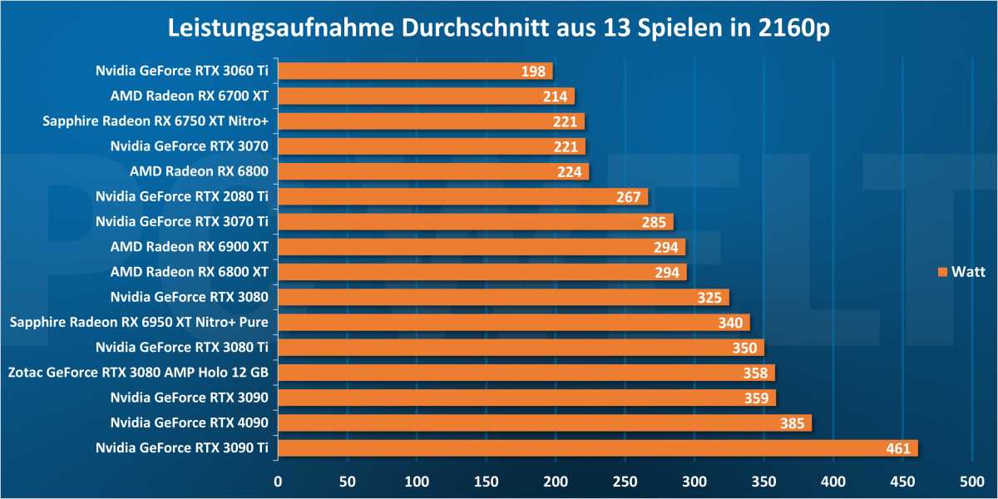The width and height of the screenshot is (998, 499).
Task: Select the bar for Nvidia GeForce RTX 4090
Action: coord(544,423)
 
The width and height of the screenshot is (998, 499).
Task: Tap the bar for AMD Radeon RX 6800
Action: coord(432,171)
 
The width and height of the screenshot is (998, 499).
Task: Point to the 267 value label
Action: coord(628,197)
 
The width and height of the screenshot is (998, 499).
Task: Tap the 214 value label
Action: coord(555,96)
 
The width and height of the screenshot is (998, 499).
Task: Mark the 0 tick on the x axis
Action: coord(279,480)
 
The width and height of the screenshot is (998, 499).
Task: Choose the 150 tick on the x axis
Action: coord(487,480)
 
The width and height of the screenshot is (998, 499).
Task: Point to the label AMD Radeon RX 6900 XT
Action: coord(190,247)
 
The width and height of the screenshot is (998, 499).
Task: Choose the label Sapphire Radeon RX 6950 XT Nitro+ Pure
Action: coord(140,323)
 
